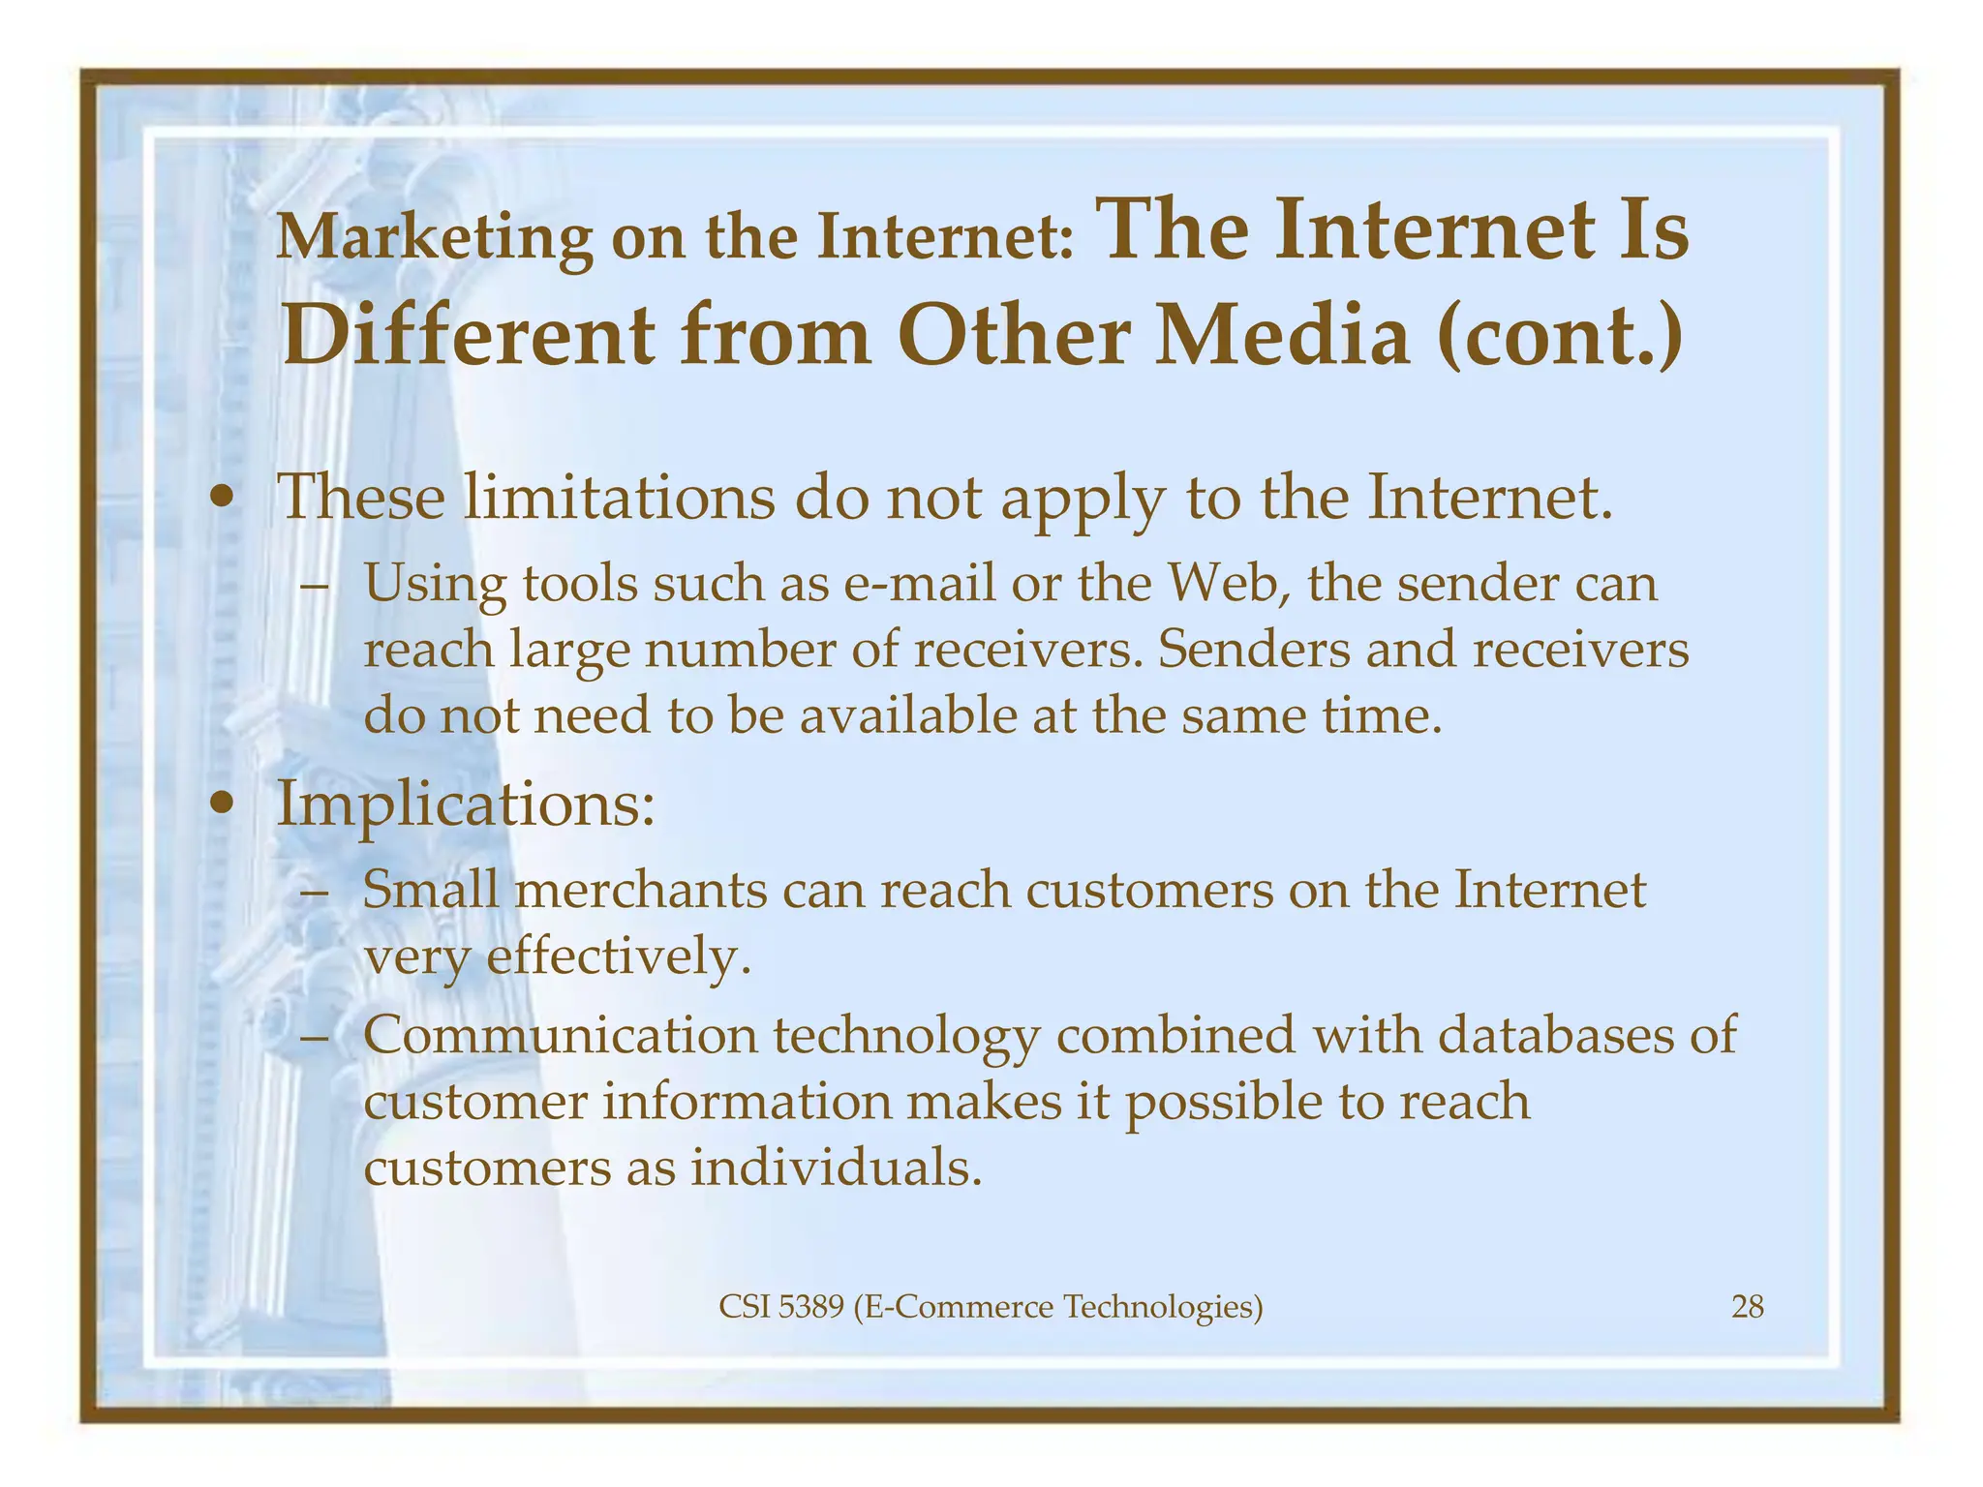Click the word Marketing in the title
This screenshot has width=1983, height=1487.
(x=434, y=237)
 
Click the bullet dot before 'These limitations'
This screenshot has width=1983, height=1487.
(x=224, y=500)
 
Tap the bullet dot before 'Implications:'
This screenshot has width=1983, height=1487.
(x=224, y=804)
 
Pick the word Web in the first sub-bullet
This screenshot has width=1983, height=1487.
(x=1226, y=584)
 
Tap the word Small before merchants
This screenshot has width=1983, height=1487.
(x=431, y=890)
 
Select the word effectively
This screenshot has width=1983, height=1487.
(x=619, y=957)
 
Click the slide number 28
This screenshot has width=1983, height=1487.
(x=1747, y=1308)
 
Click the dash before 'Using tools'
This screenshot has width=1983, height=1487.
(x=315, y=587)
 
